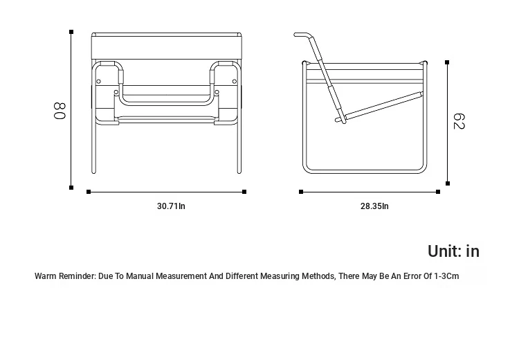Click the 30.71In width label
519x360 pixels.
click(x=171, y=206)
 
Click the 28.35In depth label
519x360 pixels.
click(x=374, y=206)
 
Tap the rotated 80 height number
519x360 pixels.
click(x=60, y=111)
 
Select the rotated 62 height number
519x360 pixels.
click(x=459, y=121)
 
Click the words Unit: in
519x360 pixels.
click(x=453, y=251)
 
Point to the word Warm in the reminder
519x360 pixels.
click(x=45, y=276)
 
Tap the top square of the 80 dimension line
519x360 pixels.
click(x=71, y=32)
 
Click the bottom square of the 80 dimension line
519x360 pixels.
click(x=71, y=188)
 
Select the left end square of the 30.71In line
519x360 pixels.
click(x=89, y=192)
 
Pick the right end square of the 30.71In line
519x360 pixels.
click(x=244, y=192)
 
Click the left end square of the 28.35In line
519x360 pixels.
click(x=301, y=192)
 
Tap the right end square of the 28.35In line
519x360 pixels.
click(x=438, y=192)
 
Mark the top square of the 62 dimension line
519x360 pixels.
click(x=447, y=62)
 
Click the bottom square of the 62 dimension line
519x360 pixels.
click(x=448, y=183)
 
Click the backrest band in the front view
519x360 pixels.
click(x=167, y=48)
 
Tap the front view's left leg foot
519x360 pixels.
click(x=93, y=171)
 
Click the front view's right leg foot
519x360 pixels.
click(x=239, y=171)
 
